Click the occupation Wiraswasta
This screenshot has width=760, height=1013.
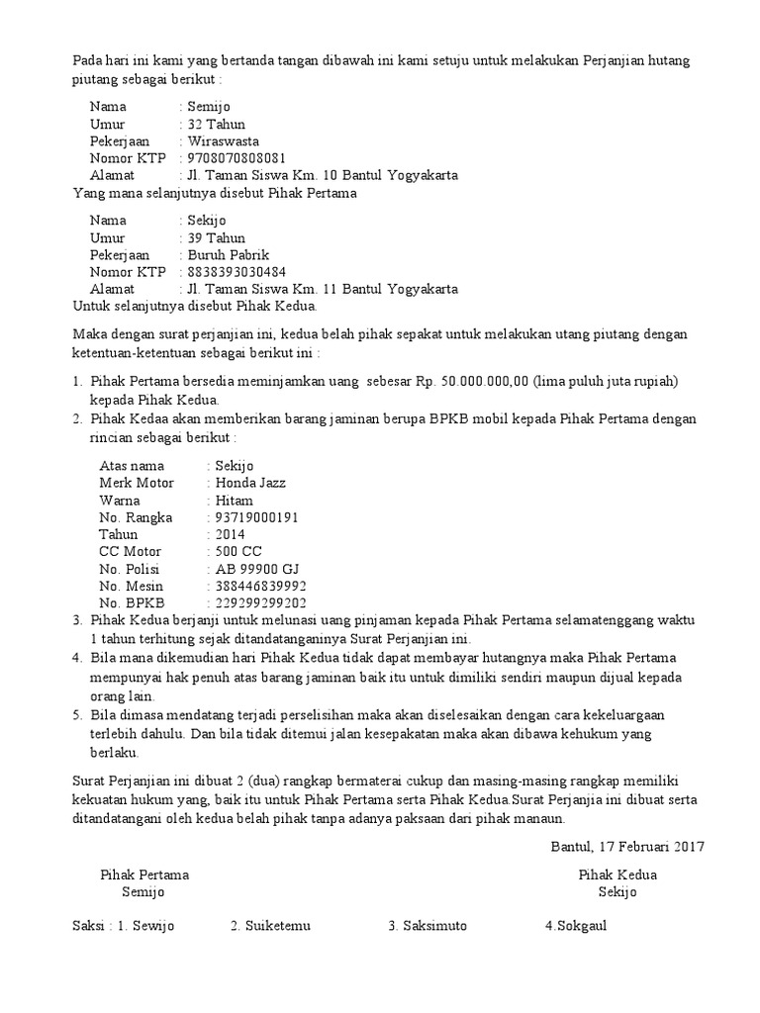(228, 141)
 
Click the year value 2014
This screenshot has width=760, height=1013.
(230, 534)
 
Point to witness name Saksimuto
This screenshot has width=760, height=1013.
(434, 926)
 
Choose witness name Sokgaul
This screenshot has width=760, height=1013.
(580, 926)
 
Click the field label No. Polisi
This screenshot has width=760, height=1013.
(129, 569)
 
